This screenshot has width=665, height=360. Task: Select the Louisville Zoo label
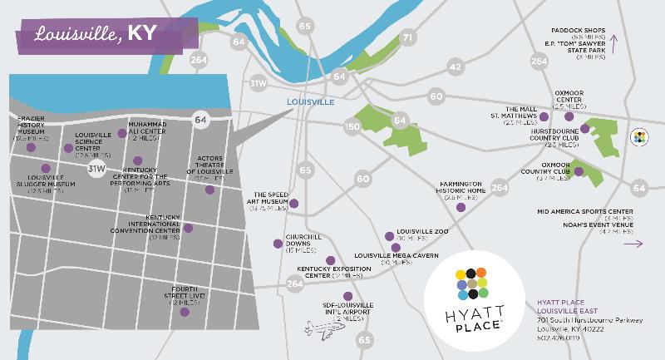click(x=424, y=234)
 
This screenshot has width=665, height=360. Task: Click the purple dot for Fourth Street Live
click(x=196, y=303)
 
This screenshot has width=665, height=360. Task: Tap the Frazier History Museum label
click(x=31, y=128)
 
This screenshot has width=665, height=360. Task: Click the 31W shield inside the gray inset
click(x=97, y=169)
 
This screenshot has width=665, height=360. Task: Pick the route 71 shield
click(x=407, y=37)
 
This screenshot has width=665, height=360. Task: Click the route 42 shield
click(x=454, y=67)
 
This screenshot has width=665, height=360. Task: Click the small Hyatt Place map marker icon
click(x=640, y=137)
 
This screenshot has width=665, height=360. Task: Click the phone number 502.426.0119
click(x=558, y=338)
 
